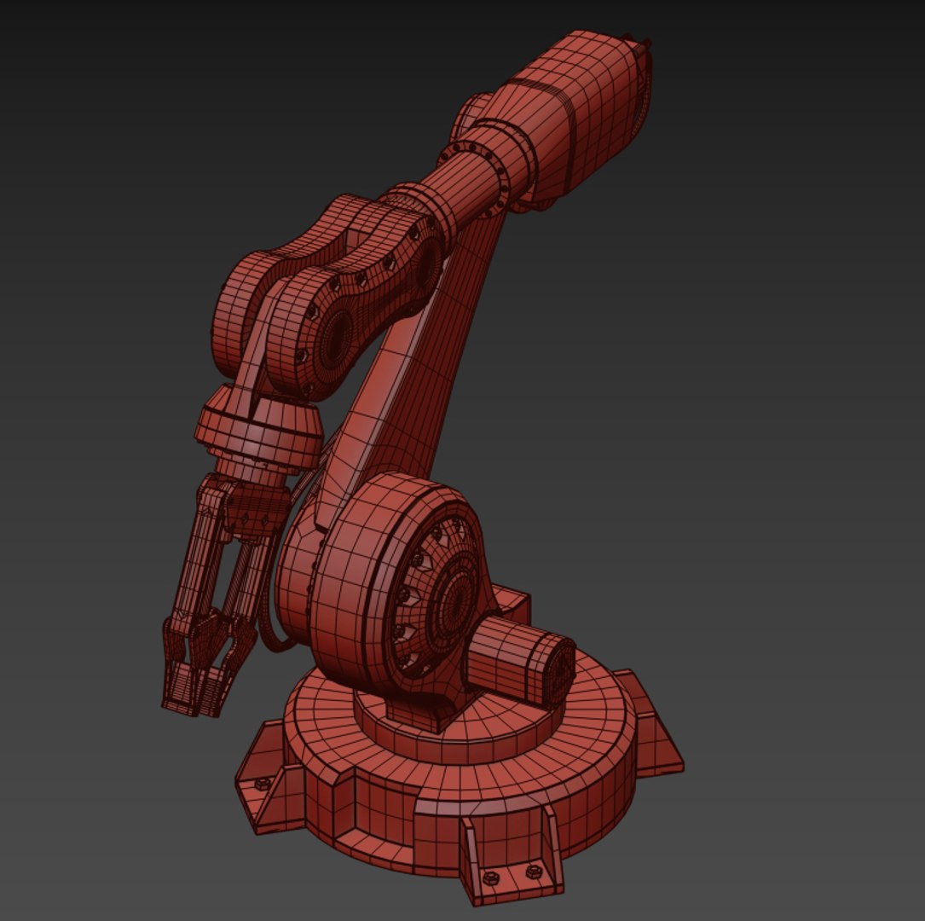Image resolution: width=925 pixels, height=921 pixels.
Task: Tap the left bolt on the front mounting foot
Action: click(490, 878)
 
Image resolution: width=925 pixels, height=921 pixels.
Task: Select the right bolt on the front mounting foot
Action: click(534, 871)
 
